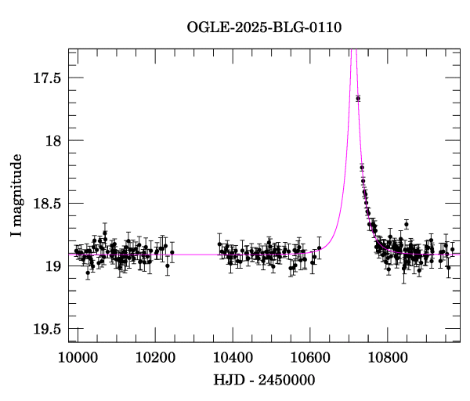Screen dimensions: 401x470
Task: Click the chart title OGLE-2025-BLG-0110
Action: pos(264,27)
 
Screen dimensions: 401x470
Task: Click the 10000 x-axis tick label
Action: pos(78,357)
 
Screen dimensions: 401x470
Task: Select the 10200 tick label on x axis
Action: pos(155,357)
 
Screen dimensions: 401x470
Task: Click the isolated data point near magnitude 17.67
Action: pos(358,98)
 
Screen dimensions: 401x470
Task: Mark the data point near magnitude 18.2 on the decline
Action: pos(362,168)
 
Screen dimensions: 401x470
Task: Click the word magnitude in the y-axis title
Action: pos(16,189)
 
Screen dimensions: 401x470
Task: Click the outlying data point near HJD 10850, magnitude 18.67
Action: pos(406,224)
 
